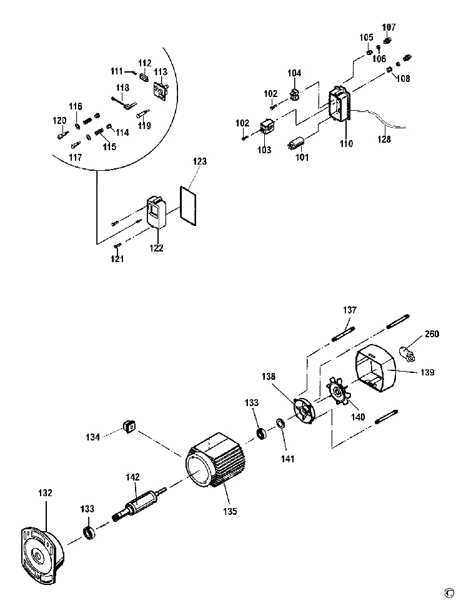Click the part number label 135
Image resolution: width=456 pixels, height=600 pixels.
point(230,511)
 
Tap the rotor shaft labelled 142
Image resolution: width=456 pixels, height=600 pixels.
point(140,504)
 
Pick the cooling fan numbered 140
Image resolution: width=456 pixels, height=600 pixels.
point(339,393)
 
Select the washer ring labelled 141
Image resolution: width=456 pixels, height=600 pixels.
point(280,424)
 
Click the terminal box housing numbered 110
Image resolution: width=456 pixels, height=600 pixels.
point(340,103)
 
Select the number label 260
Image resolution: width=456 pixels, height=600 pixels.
point(432,334)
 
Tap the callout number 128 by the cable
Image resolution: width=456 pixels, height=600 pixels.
point(384,139)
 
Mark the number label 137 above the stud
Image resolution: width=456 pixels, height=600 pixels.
point(350,310)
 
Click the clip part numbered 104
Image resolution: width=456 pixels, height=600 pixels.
point(294,94)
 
